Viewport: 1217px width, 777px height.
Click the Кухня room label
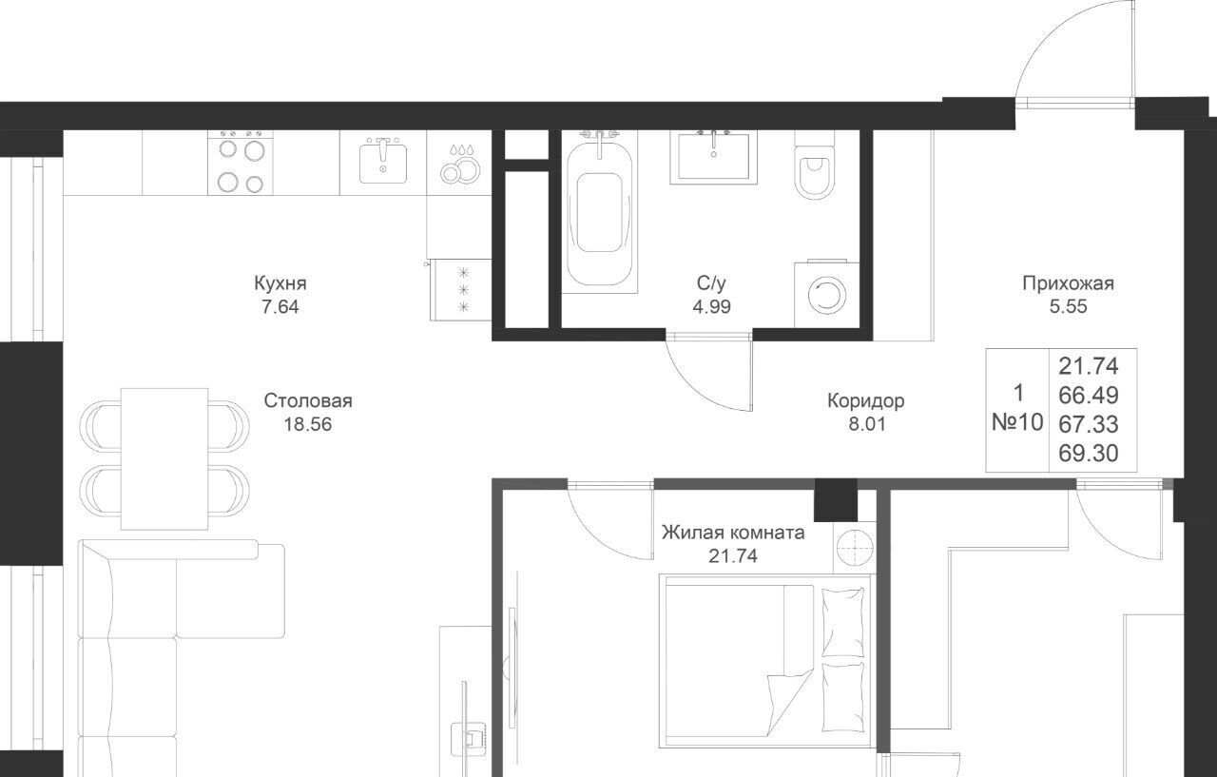click(280, 283)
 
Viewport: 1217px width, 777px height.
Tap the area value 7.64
click(280, 307)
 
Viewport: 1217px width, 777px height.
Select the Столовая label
click(308, 401)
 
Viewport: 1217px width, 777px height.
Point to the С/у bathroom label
click(711, 283)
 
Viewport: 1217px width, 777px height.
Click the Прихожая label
click(1068, 283)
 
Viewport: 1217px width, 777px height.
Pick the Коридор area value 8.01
click(867, 424)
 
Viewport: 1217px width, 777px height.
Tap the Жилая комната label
click(733, 533)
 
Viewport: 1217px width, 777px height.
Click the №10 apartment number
click(1017, 422)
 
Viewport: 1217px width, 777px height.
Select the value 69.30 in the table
click(1089, 453)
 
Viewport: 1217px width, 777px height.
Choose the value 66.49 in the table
click(1089, 395)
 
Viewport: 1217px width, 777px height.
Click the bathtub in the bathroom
click(599, 212)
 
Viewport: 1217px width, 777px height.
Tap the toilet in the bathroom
click(814, 165)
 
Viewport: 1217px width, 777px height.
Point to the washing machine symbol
click(827, 295)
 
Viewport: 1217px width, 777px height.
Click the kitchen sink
click(383, 161)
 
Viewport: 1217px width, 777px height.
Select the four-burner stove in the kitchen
click(241, 163)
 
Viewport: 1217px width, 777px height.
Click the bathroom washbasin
click(713, 157)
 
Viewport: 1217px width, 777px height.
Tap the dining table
click(164, 458)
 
